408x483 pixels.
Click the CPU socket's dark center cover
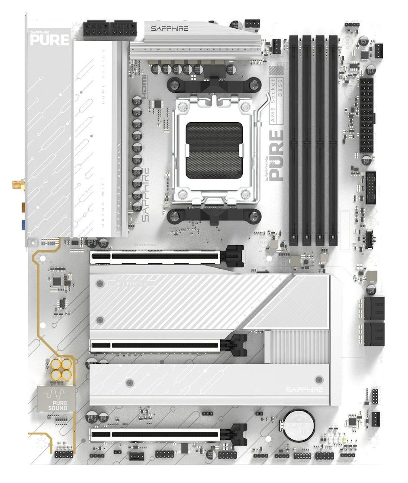[x=214, y=150]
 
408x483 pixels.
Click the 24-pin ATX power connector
[x=366, y=116]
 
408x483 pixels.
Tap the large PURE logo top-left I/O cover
[x=49, y=39]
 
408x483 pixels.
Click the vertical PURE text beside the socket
[x=277, y=156]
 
